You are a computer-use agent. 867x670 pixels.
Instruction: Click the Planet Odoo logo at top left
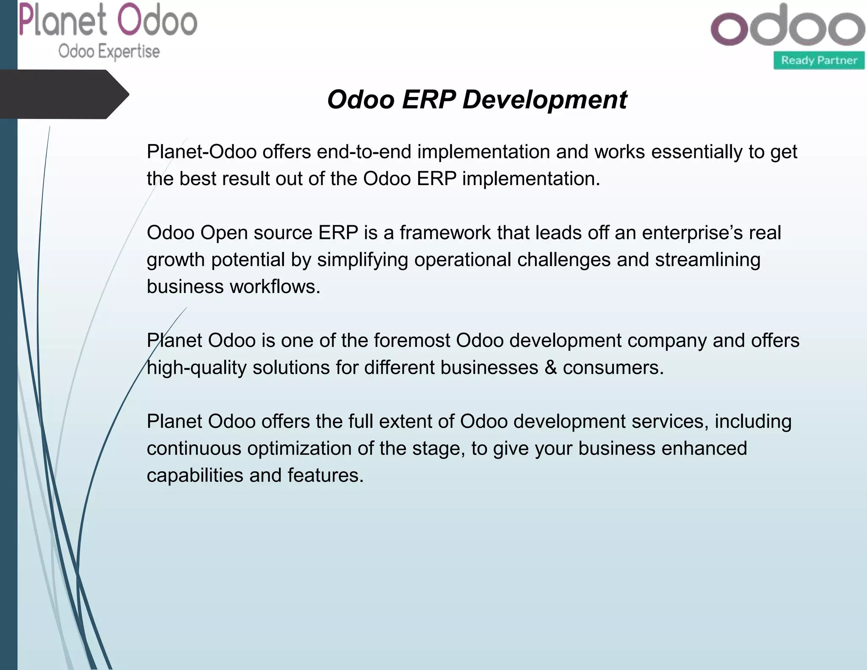click(x=108, y=21)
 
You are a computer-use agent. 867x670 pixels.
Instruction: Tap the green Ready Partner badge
click(x=819, y=61)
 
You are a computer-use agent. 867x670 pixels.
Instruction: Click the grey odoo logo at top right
click(x=787, y=26)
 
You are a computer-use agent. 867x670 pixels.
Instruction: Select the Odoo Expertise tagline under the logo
click(x=109, y=52)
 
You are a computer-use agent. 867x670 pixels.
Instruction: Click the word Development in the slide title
click(x=544, y=100)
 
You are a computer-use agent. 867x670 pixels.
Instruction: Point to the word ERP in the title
click(x=428, y=100)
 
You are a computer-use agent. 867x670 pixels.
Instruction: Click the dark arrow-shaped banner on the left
click(x=64, y=94)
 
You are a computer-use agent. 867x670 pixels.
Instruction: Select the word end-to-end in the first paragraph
click(x=364, y=152)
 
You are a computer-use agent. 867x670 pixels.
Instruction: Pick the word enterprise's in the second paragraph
click(x=692, y=233)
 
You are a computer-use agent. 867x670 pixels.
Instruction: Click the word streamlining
click(x=708, y=260)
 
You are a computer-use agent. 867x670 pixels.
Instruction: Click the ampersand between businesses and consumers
click(x=550, y=368)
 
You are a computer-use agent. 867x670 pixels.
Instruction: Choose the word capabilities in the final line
click(x=195, y=476)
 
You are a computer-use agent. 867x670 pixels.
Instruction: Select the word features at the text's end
click(x=325, y=476)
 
